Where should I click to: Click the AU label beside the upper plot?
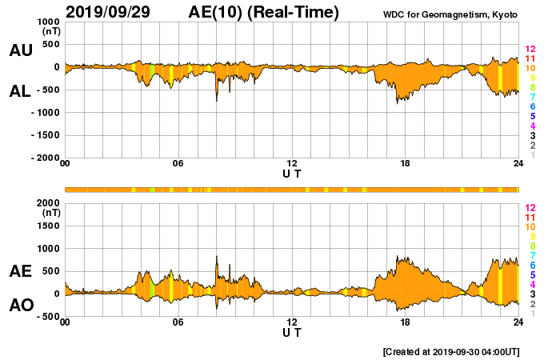20,50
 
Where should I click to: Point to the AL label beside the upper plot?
20,91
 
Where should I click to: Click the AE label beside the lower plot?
20,271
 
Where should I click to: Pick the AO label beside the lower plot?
20,306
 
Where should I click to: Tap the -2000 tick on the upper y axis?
45,158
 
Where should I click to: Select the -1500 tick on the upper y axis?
45,135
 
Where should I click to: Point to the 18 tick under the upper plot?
405,164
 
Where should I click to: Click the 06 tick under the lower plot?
178,322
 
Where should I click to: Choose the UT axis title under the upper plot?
292,174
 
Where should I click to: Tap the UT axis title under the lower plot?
292,332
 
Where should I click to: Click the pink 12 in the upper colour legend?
529,50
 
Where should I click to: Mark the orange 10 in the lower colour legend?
529,227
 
